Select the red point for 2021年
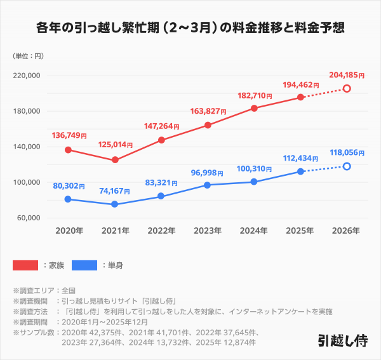[x=115, y=160]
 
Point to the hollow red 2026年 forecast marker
[x=347, y=88]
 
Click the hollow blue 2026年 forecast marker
[x=347, y=166]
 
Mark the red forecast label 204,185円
[x=347, y=75]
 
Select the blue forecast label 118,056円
[x=347, y=153]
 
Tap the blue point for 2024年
[x=254, y=182]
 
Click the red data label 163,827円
[x=208, y=112]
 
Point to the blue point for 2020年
[x=68, y=199]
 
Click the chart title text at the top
[x=190, y=29]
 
